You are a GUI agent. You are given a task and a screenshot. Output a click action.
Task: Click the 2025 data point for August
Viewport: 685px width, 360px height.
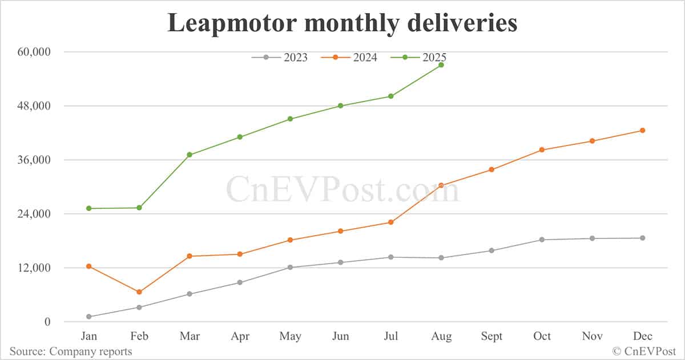441,65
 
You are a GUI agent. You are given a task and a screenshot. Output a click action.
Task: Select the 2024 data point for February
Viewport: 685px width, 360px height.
139,292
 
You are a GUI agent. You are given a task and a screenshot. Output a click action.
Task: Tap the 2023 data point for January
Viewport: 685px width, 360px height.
89,317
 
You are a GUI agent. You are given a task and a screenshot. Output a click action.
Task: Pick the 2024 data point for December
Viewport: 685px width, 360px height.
642,131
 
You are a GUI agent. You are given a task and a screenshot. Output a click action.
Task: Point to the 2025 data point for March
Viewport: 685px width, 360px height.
190,155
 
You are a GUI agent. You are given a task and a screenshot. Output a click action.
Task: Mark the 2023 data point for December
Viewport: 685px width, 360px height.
642,238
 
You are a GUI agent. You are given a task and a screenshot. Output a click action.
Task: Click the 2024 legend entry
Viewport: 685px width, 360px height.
349,57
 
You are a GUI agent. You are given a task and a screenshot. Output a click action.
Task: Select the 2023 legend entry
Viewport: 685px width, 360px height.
279,57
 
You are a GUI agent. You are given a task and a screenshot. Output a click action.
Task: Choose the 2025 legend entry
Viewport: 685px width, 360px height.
418,57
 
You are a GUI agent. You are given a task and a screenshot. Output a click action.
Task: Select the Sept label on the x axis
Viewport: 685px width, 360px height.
491,336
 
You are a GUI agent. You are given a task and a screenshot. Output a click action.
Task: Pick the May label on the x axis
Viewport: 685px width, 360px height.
290,336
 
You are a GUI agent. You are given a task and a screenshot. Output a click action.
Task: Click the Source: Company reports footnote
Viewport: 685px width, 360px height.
71,351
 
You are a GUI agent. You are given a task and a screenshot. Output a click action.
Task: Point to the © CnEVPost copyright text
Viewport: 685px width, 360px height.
644,351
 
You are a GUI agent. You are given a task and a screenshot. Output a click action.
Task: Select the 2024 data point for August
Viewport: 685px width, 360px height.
441,185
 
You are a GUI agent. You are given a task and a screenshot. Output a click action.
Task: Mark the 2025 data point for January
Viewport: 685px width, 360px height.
89,208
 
